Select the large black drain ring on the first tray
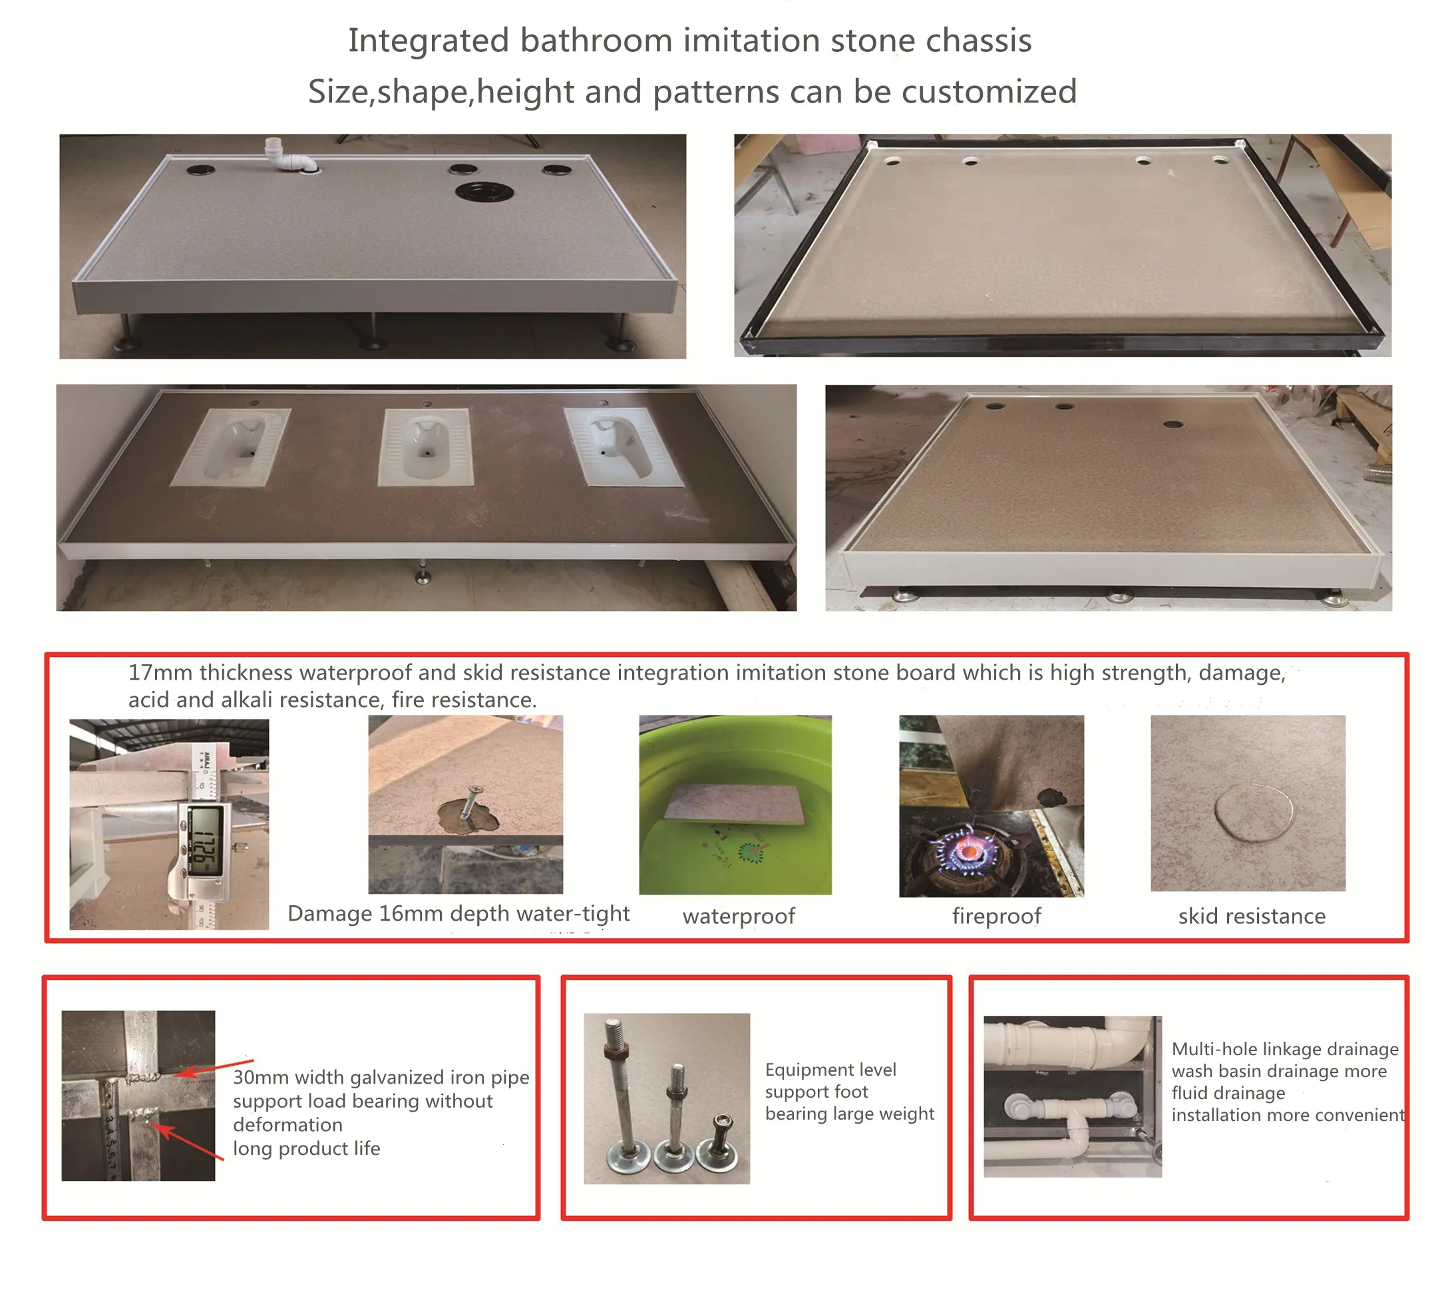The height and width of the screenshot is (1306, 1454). tap(484, 192)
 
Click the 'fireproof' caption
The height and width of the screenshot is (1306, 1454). tap(996, 917)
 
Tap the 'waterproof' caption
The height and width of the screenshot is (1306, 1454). tap(738, 917)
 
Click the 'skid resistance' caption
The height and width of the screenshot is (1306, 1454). tap(1251, 917)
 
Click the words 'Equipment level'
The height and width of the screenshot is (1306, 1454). tap(830, 1069)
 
